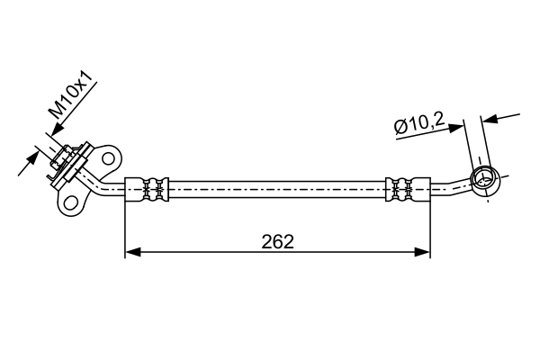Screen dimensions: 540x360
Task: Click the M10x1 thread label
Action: (x=70, y=94)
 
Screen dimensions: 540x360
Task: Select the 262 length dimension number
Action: (x=277, y=241)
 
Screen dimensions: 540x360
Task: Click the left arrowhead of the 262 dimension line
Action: (x=133, y=252)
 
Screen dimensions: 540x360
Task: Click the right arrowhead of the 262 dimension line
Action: (x=422, y=252)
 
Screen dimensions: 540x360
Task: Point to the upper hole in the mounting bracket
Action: (x=109, y=158)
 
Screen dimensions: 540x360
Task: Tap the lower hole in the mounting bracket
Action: (x=71, y=202)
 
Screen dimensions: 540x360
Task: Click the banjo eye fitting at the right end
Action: (x=484, y=179)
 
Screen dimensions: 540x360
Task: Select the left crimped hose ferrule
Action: (x=147, y=189)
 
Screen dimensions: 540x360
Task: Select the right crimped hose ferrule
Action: (x=408, y=189)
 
